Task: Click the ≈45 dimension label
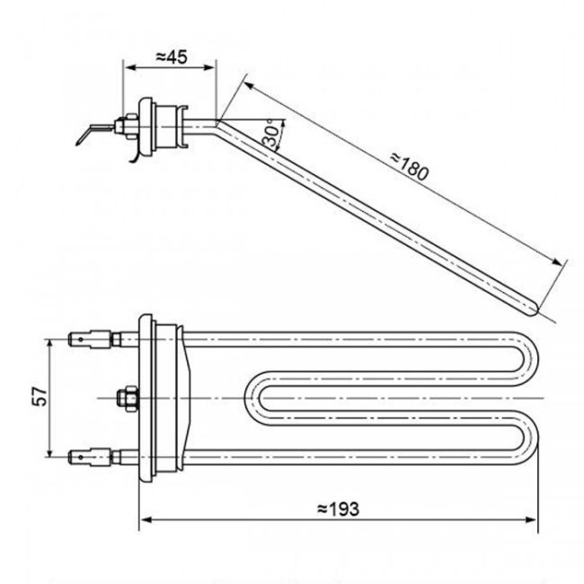pyautogui.click(x=170, y=57)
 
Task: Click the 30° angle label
pyautogui.click(x=270, y=136)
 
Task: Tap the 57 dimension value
pyautogui.click(x=39, y=397)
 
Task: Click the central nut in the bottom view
pyautogui.click(x=125, y=396)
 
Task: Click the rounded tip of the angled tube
pyautogui.click(x=535, y=310)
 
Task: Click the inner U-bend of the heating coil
pyautogui.click(x=252, y=397)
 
